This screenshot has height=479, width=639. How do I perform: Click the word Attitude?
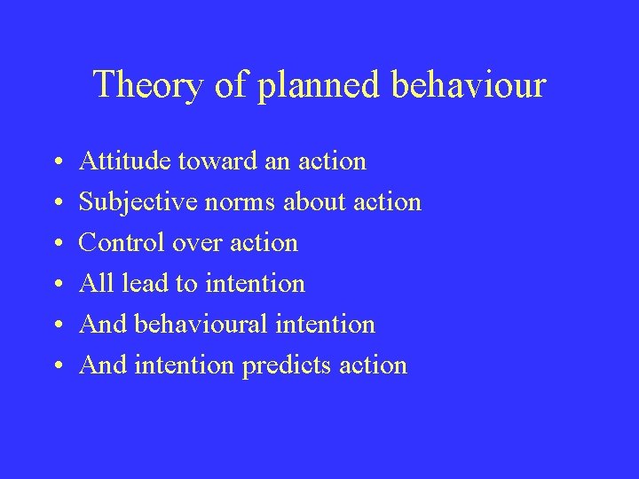(x=124, y=161)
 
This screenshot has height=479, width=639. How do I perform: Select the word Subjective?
(x=138, y=202)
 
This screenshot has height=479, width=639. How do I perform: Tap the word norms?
(x=242, y=202)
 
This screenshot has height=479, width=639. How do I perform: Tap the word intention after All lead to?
(x=255, y=284)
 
